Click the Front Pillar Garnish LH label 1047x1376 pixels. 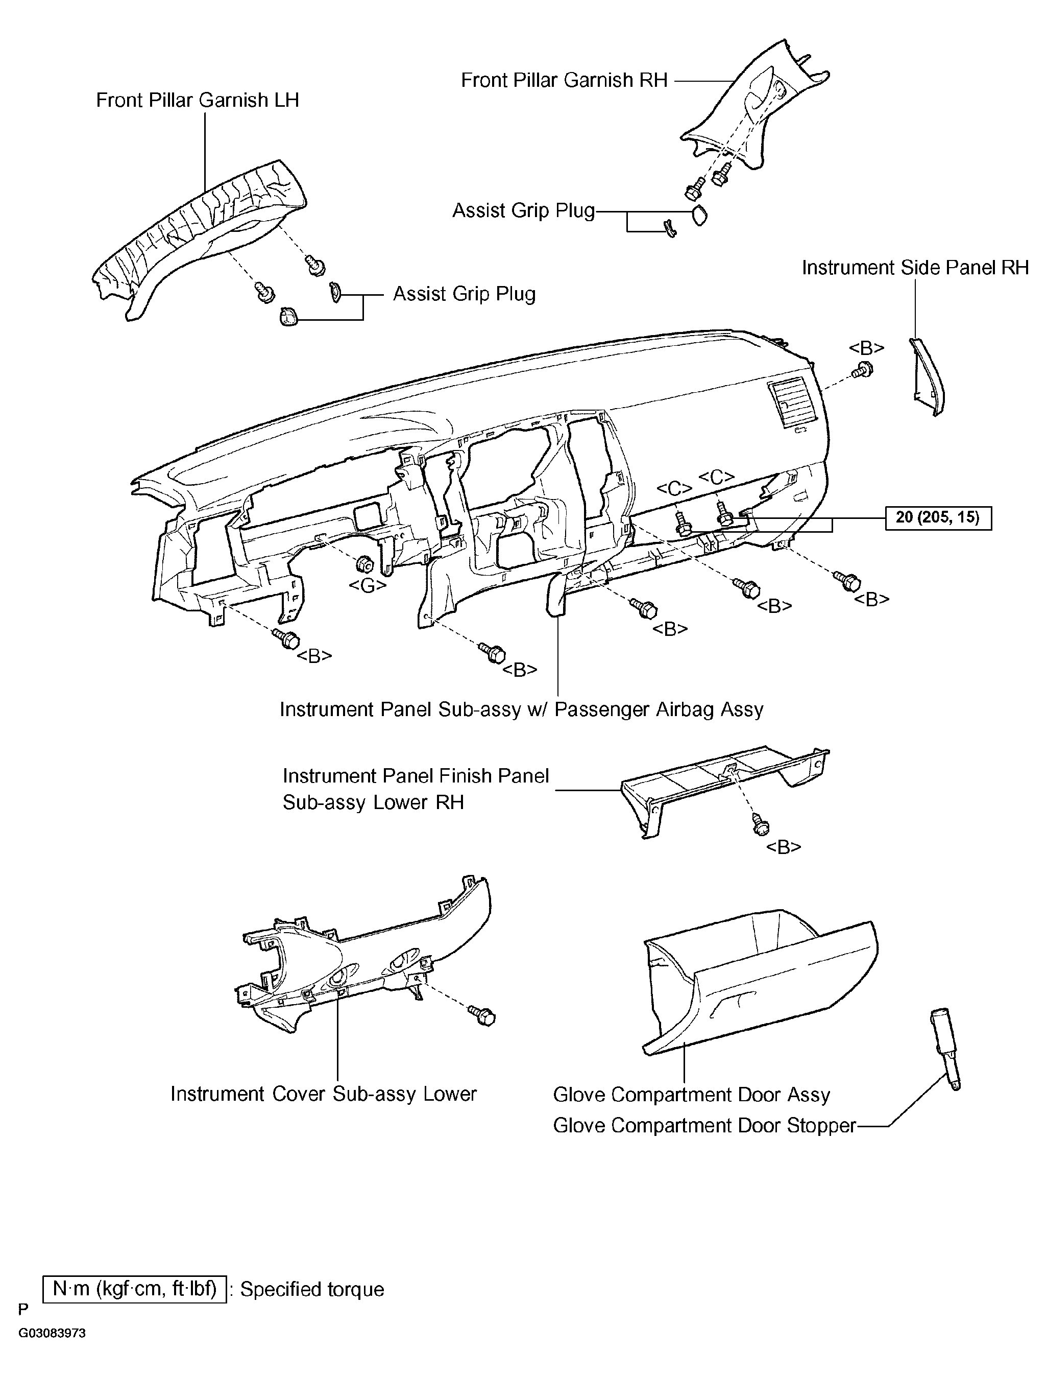(197, 101)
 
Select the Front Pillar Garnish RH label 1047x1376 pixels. (564, 80)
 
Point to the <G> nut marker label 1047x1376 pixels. (367, 585)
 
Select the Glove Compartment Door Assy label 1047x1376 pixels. (692, 1096)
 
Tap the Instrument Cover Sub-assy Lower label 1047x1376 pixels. (324, 1094)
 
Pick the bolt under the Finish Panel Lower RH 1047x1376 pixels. (760, 823)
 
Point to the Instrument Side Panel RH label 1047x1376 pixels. (915, 268)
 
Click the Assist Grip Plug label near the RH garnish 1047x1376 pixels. (524, 211)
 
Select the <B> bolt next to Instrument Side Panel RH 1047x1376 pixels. (863, 370)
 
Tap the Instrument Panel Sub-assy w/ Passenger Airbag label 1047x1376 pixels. (522, 709)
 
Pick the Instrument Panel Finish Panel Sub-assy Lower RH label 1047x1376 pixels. (416, 789)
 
